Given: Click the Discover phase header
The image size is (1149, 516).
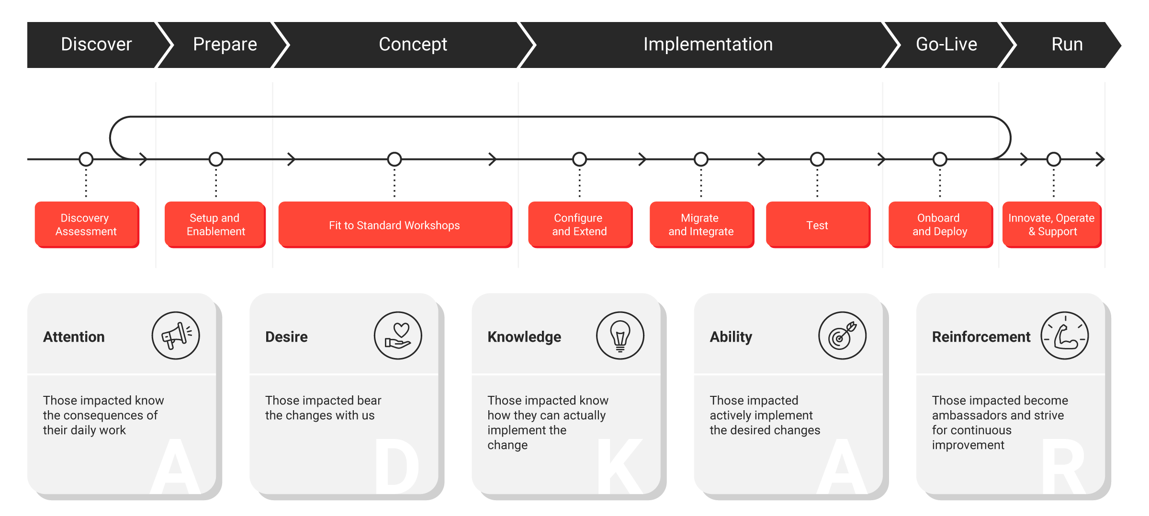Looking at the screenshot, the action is coord(96,45).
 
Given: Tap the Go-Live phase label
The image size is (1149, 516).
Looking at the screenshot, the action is coord(946,45).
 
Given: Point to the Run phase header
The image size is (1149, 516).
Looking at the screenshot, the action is coord(1067,45).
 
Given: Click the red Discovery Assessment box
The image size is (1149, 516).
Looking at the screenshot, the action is coord(87,224).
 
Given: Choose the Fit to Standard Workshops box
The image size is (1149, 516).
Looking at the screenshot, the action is coord(395,224).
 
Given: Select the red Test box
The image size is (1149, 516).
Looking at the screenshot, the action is coord(818,224).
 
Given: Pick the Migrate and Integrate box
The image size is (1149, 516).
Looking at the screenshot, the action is coord(701,224).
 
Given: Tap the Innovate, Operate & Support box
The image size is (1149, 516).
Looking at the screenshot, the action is coord(1052,224).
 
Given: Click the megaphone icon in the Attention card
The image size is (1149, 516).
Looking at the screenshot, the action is coord(176,336).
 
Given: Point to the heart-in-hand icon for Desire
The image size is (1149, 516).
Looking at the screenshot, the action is coord(398,336).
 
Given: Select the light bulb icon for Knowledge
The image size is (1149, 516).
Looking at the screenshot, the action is coord(620,336).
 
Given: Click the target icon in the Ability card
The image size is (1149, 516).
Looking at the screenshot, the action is coord(842,336).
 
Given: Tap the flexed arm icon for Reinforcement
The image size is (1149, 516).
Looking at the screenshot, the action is coord(1065,336).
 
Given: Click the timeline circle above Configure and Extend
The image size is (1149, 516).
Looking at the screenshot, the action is coord(579,159).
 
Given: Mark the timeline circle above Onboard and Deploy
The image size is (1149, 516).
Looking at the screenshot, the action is coord(940,159).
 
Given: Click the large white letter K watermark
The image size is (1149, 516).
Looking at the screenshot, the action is coord(620,466).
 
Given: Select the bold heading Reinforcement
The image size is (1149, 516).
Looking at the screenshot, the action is coord(981,337).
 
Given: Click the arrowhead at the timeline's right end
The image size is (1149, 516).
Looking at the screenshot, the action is coord(1100,159).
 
